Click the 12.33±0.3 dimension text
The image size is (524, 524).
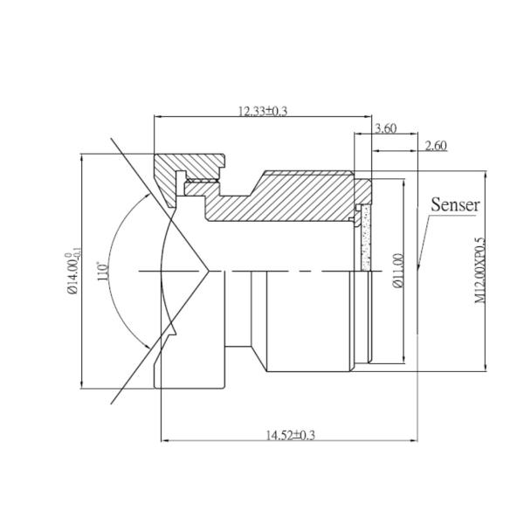click(263, 110)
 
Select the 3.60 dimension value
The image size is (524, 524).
click(385, 128)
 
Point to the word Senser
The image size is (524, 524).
click(456, 205)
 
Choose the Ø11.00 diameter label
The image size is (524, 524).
click(398, 272)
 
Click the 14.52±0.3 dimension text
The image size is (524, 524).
click(289, 434)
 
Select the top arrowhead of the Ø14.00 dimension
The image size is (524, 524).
click(80, 157)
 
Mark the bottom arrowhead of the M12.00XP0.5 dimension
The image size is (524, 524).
click(487, 369)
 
